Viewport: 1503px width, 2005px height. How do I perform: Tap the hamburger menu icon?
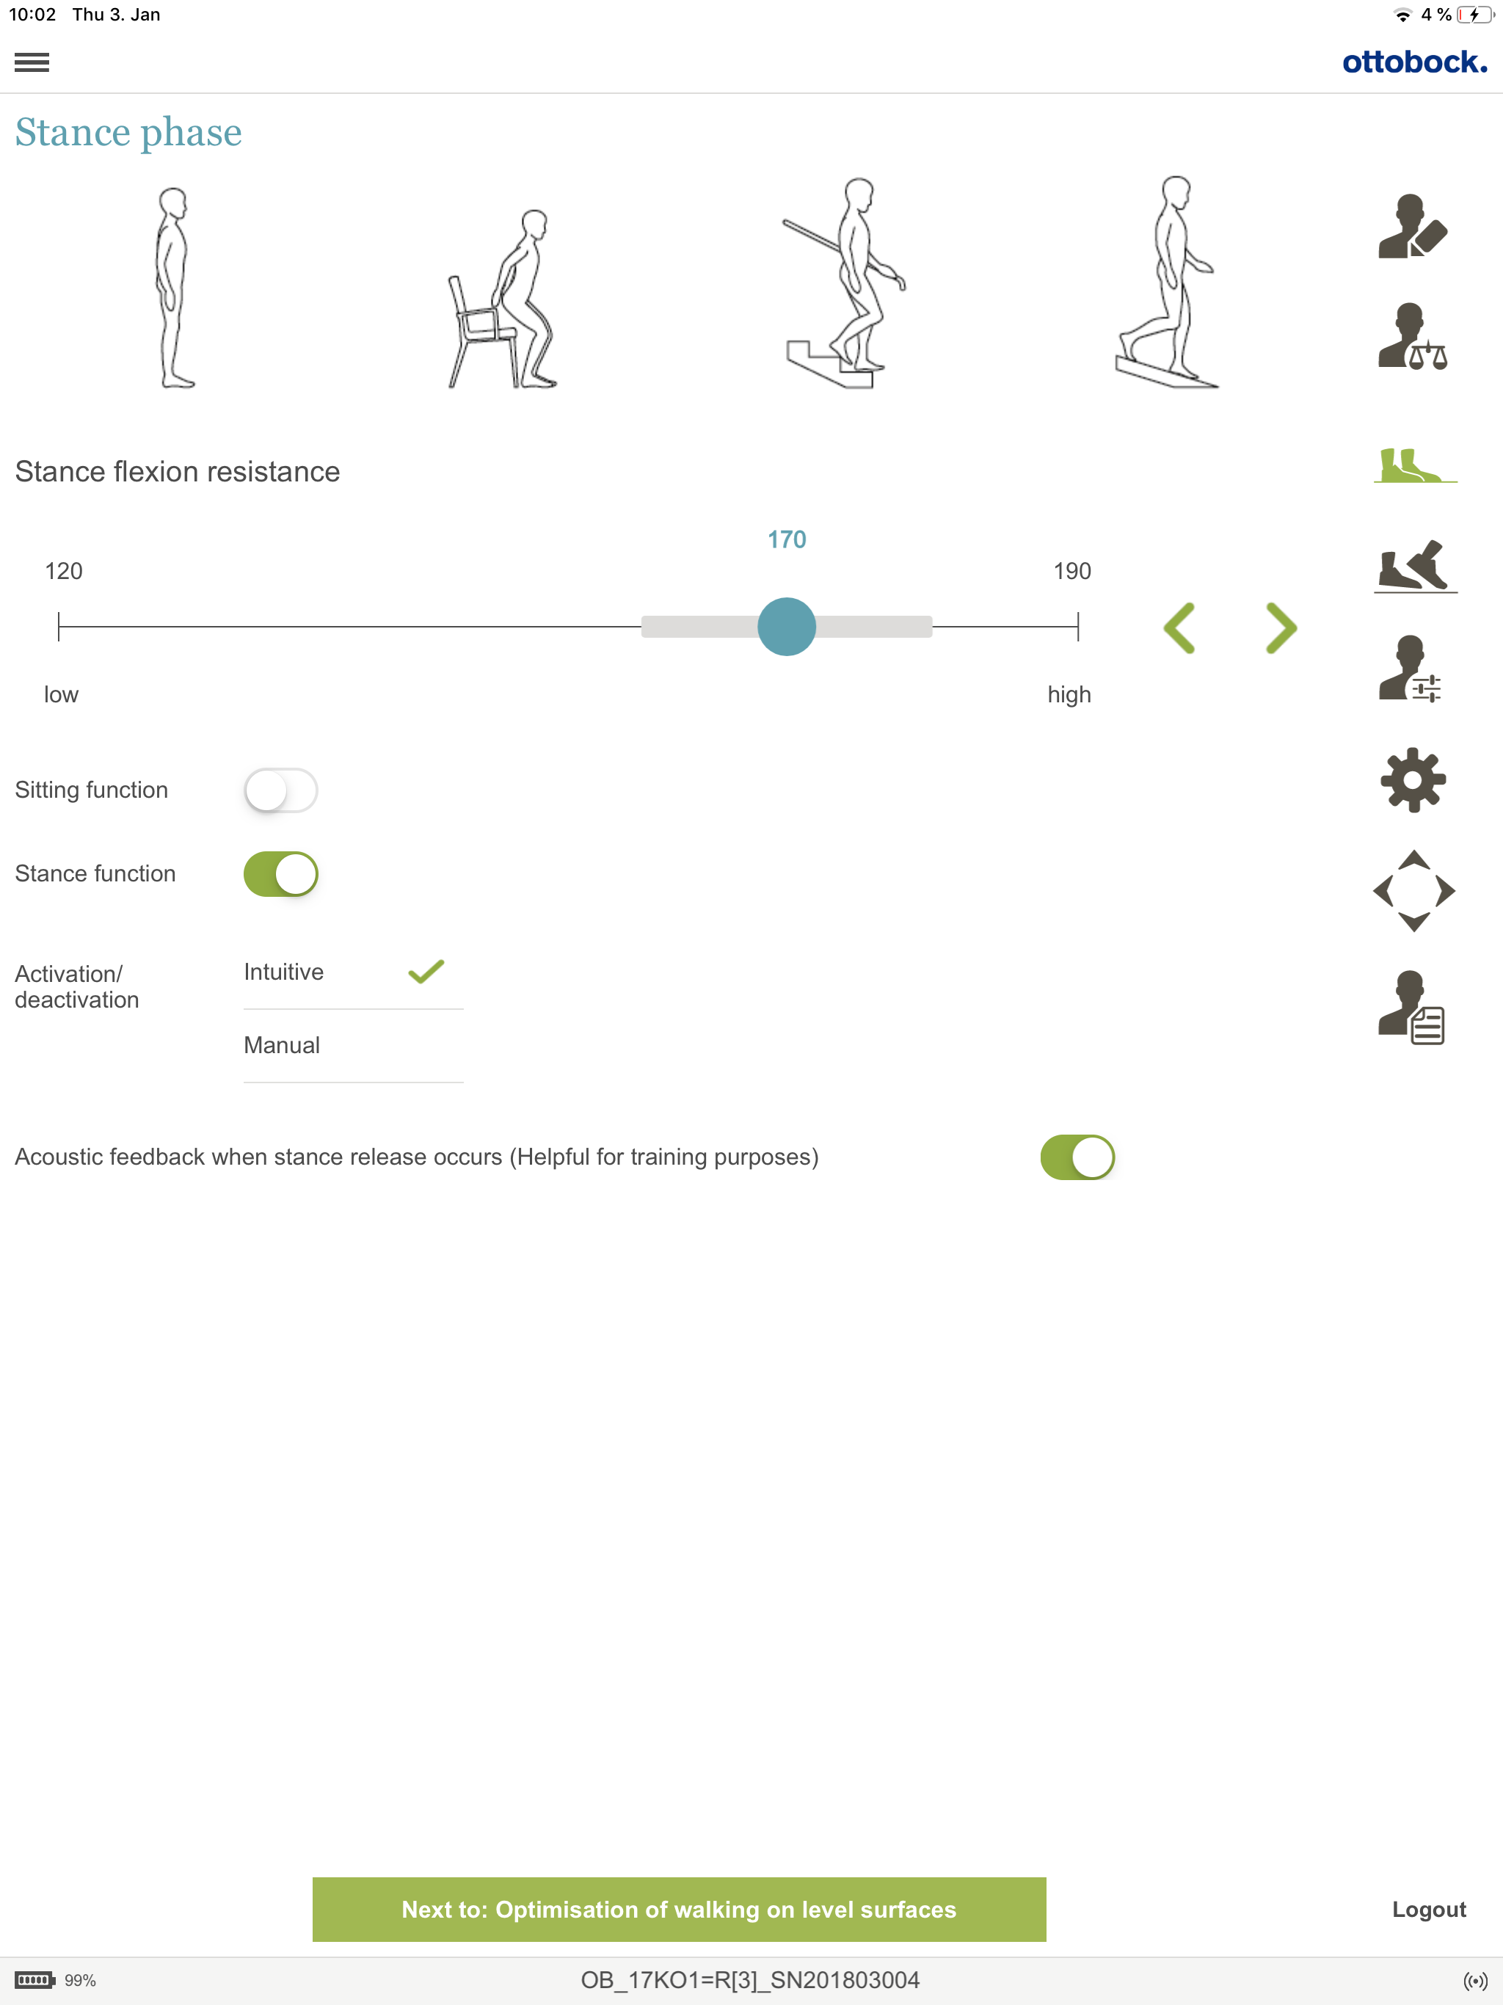tap(32, 62)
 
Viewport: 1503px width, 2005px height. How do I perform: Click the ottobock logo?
tap(1414, 62)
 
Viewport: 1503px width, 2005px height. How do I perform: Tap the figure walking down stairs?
tap(845, 283)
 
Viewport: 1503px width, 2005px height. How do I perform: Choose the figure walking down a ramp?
tap(1168, 282)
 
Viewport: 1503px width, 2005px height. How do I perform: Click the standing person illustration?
tap(173, 288)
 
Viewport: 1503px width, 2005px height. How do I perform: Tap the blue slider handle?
tap(787, 626)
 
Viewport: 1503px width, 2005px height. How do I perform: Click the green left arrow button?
tap(1179, 627)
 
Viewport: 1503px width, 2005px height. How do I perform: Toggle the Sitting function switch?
tap(281, 790)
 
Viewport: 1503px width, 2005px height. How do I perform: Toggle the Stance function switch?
tap(281, 874)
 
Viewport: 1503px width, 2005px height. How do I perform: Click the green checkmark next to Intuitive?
tap(426, 972)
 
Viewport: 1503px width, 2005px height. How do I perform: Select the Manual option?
tap(282, 1045)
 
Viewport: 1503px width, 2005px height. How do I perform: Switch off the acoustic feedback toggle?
tap(1077, 1157)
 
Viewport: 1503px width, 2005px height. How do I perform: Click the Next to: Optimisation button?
tap(679, 1909)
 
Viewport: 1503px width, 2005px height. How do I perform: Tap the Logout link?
tap(1429, 1909)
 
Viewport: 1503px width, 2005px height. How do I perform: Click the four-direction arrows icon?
tap(1414, 891)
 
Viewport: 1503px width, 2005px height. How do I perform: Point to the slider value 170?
tap(787, 539)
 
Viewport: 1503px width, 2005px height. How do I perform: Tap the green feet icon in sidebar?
tap(1414, 465)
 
